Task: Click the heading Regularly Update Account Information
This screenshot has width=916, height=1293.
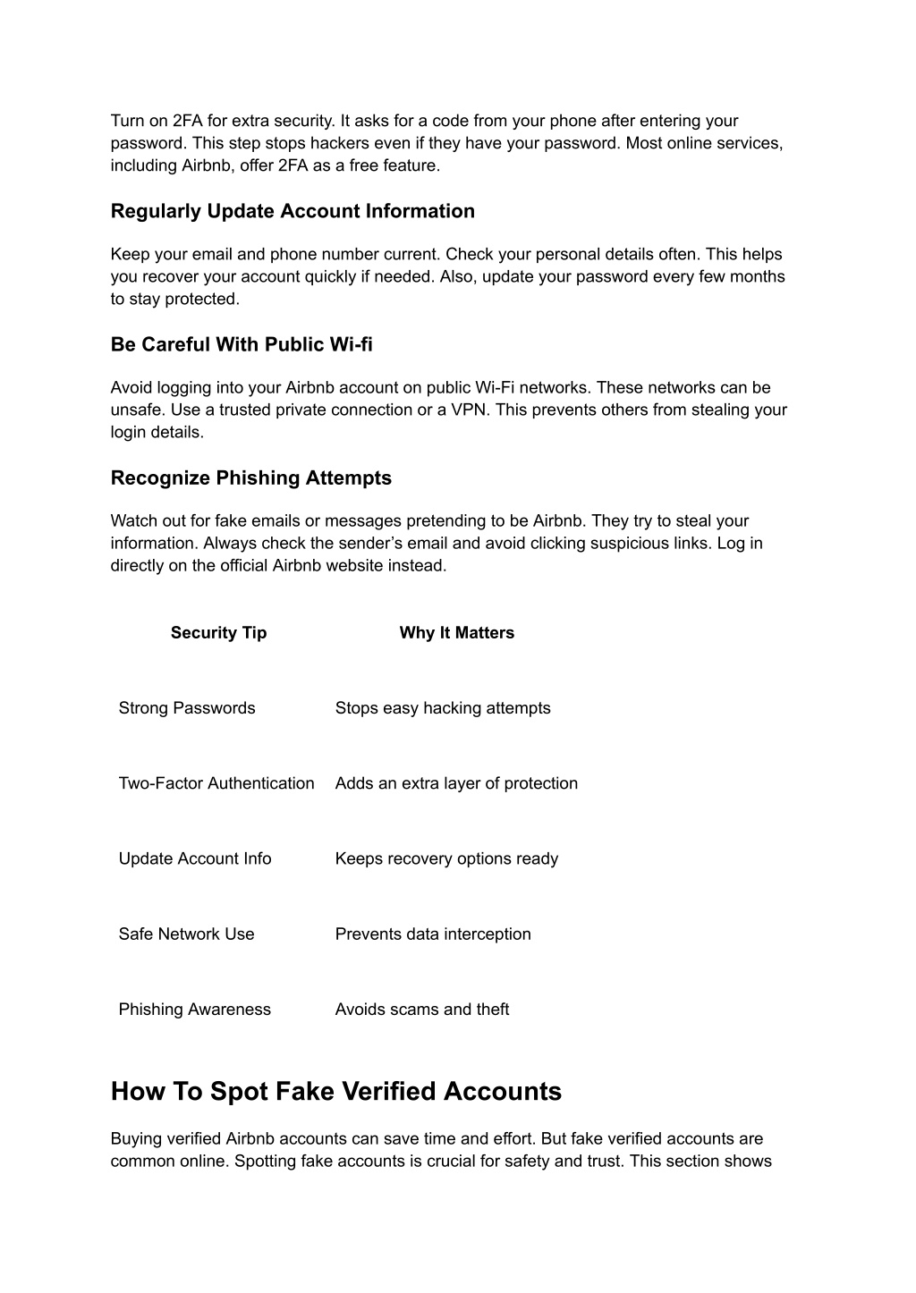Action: [293, 211]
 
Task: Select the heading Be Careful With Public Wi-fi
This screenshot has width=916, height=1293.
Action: [242, 344]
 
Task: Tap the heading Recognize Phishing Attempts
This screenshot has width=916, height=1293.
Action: [251, 477]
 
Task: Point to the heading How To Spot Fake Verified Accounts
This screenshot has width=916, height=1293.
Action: [336, 1091]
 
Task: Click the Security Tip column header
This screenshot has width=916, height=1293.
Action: [218, 633]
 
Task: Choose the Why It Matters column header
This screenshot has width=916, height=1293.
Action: [456, 633]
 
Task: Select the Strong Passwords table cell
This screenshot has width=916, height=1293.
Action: [187, 708]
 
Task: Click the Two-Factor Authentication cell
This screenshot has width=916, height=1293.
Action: [216, 783]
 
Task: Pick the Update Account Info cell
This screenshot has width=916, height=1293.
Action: [195, 858]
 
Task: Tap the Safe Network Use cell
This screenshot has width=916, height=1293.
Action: [186, 934]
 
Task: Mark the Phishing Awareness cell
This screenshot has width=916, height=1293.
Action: [194, 1010]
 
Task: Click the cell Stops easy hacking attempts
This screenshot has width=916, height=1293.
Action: [443, 708]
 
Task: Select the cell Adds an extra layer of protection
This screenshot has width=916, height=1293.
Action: [456, 783]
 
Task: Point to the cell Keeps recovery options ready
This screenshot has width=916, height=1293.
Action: [446, 858]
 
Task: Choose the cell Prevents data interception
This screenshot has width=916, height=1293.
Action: [433, 934]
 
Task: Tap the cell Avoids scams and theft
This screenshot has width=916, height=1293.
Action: [422, 1010]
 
